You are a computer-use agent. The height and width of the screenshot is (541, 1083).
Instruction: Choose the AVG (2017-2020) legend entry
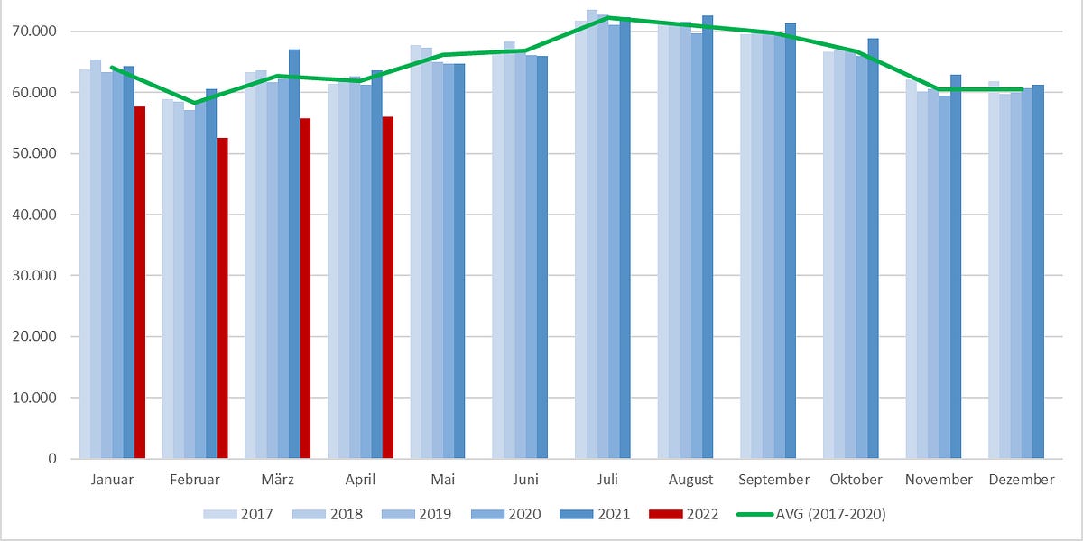[812, 514]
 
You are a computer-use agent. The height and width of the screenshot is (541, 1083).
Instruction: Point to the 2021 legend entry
[596, 514]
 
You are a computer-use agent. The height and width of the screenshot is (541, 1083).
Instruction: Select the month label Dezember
[1021, 480]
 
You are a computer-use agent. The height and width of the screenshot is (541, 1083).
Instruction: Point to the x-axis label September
[773, 480]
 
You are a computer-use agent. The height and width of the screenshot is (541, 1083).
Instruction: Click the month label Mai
[443, 480]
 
